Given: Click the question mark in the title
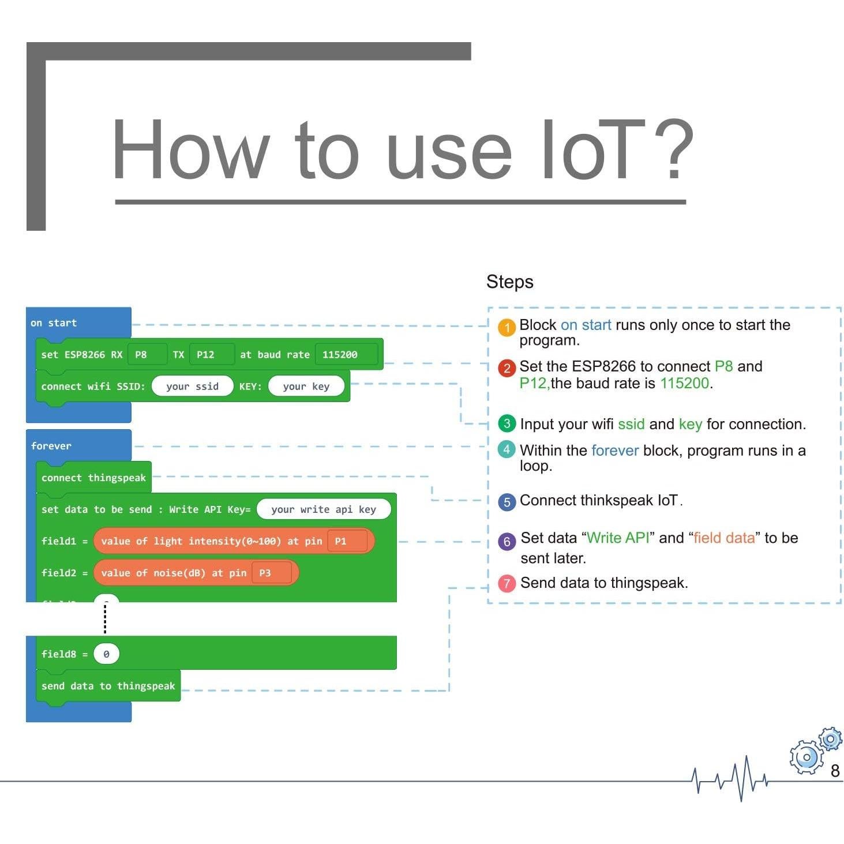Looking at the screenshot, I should pos(672,150).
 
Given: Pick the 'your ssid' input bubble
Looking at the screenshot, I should pos(192,387).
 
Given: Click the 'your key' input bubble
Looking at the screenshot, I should pos(306,387).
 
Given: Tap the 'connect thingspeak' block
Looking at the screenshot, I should pos(93,478).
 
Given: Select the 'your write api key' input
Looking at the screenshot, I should pos(323,509).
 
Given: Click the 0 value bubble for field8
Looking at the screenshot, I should pos(106,654).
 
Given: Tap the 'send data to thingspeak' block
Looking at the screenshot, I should pos(108,686).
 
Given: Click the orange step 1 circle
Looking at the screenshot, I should pos(507,328).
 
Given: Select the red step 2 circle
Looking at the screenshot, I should pos(507,368).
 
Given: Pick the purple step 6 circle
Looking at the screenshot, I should pos(507,541).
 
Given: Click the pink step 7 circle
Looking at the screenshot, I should pos(507,583).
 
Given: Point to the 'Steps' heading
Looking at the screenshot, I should pos(509,282).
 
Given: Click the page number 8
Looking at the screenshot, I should pos(835,771).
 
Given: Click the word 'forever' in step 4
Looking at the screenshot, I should pos(615,451).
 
